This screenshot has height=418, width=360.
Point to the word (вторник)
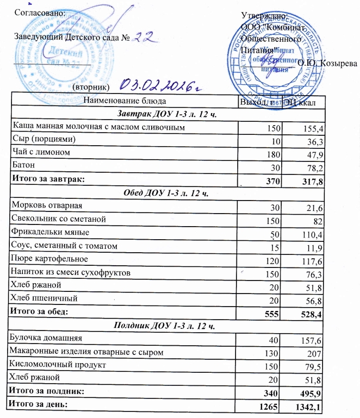click(91, 87)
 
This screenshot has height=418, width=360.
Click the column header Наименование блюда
click(122, 101)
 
